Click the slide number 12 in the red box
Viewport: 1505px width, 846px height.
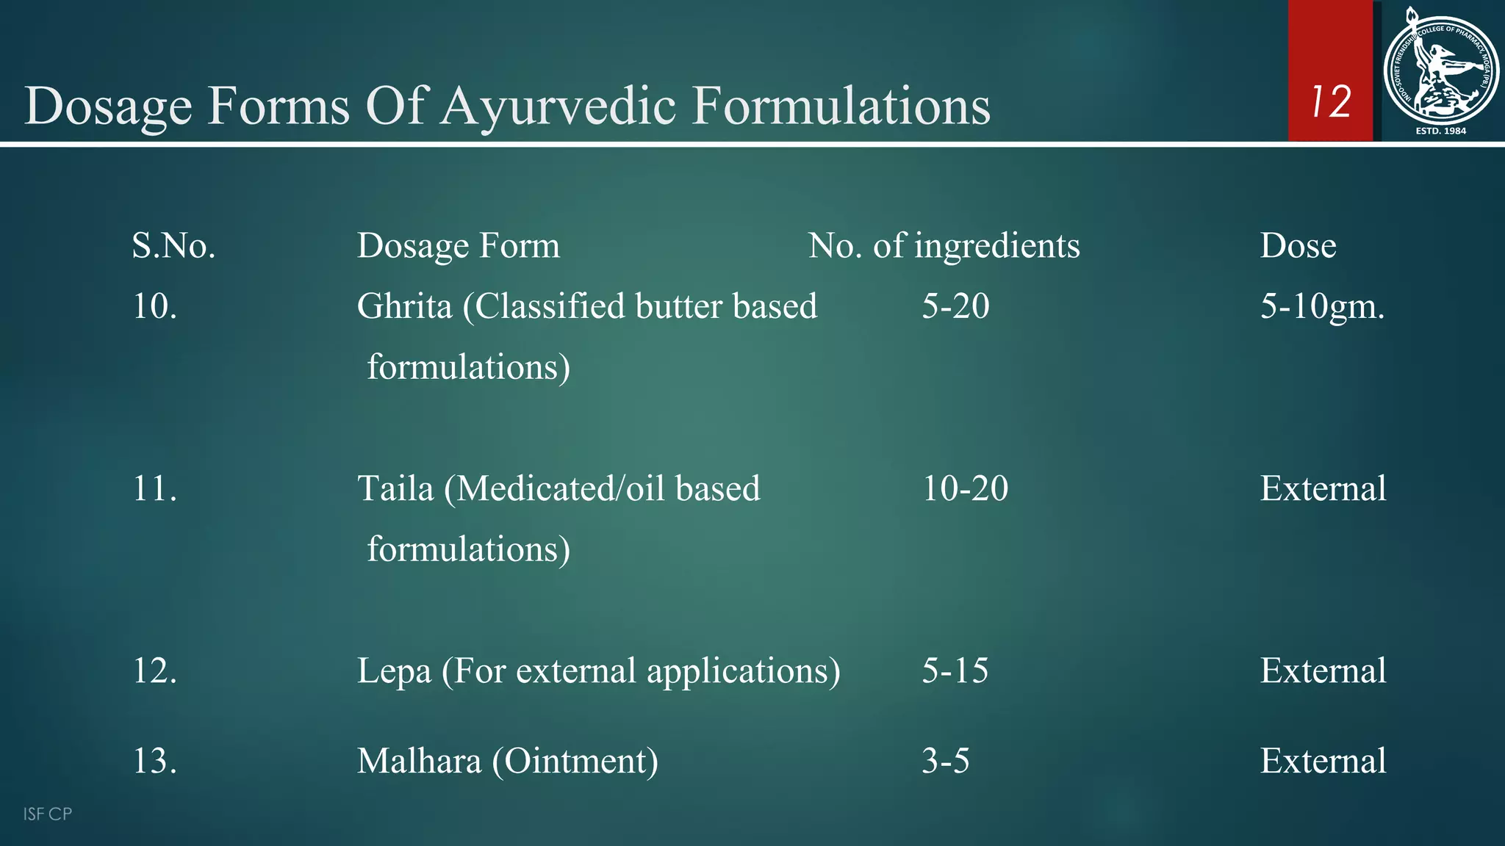(x=1331, y=101)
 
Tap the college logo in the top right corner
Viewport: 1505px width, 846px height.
(x=1440, y=72)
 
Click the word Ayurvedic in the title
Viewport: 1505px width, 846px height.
(x=558, y=106)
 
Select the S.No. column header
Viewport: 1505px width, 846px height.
(x=173, y=245)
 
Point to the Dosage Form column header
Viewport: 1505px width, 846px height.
(x=458, y=245)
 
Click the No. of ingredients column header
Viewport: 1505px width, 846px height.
(x=944, y=245)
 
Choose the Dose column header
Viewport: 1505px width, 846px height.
(x=1298, y=245)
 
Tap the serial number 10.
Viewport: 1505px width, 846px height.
(x=154, y=305)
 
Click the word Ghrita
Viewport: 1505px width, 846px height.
(x=404, y=306)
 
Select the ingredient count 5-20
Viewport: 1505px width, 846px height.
(x=955, y=305)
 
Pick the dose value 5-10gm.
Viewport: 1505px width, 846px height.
(x=1322, y=306)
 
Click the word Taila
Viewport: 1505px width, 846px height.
(x=395, y=488)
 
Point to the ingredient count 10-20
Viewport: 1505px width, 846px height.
(x=965, y=488)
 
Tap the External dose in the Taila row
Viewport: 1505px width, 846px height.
(x=1323, y=488)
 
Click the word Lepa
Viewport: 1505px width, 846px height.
(x=394, y=671)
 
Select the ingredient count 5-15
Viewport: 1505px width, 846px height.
(x=955, y=670)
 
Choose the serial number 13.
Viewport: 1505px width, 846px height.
(x=154, y=761)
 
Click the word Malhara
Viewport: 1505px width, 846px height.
(x=419, y=761)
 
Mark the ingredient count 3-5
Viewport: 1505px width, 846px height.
(x=945, y=761)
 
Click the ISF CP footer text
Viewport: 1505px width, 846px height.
(x=47, y=814)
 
